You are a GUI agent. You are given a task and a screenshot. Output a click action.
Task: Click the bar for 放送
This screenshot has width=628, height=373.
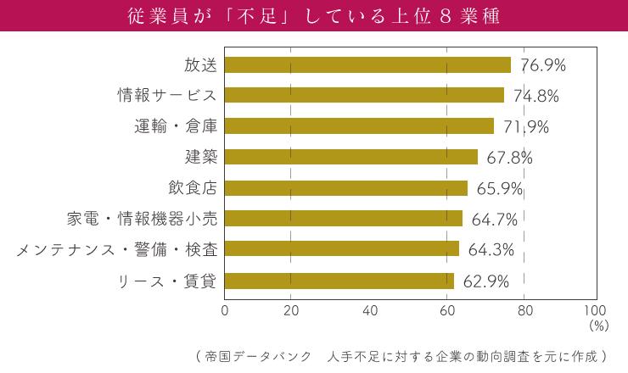tap(367, 65)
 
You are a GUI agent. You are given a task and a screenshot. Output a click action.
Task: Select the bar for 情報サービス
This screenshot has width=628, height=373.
tap(364, 96)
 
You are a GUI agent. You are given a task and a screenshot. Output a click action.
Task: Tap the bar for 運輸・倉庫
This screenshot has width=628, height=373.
tap(359, 126)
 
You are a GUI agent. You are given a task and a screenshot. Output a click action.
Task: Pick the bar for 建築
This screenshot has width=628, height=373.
tap(351, 157)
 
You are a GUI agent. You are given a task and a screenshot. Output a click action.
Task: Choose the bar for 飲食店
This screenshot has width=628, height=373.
tap(346, 188)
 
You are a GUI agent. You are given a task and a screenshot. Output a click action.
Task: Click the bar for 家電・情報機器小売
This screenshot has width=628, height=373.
tap(344, 219)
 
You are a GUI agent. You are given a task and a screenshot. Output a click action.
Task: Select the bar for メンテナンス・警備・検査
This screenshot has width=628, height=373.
tap(342, 249)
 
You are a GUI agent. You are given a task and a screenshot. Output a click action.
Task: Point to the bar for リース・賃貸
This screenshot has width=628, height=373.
tap(339, 281)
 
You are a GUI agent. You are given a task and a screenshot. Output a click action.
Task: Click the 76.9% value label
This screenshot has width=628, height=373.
tap(543, 65)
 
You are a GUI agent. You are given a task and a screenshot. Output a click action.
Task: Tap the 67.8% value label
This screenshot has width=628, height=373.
tap(510, 158)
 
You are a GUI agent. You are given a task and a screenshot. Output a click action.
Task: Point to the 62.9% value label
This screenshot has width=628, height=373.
tap(486, 281)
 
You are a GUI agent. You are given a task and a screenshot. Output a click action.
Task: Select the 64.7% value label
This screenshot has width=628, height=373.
tap(495, 220)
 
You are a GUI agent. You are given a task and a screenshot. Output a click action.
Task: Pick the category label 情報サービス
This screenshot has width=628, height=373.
tap(167, 96)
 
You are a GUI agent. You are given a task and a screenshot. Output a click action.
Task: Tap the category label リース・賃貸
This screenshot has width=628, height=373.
tap(167, 281)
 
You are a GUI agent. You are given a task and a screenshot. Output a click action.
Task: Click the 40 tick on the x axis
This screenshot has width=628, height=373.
tap(369, 310)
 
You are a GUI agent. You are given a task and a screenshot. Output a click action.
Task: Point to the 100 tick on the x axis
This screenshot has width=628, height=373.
tap(596, 310)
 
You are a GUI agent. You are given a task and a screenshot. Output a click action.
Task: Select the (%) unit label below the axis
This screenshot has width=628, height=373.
tap(598, 324)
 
